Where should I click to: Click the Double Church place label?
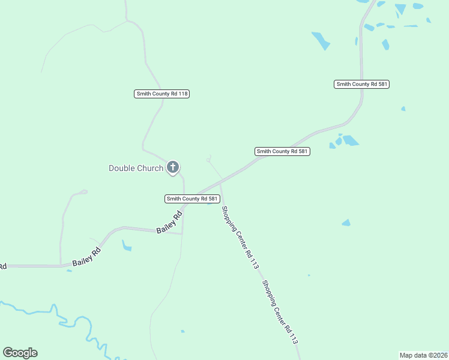pos(136,168)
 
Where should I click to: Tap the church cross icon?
pos(173,167)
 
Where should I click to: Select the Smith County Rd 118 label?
pos(161,94)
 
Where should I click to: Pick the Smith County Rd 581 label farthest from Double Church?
pos(362,85)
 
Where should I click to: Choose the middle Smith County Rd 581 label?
pos(282,152)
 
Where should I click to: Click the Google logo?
pos(20,353)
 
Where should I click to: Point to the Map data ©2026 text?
pos(423,355)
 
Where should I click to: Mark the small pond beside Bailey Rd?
pos(126,245)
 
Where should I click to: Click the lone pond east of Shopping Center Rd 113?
pos(346,223)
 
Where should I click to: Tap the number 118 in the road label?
pos(183,94)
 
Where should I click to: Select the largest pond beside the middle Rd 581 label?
pos(350,140)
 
